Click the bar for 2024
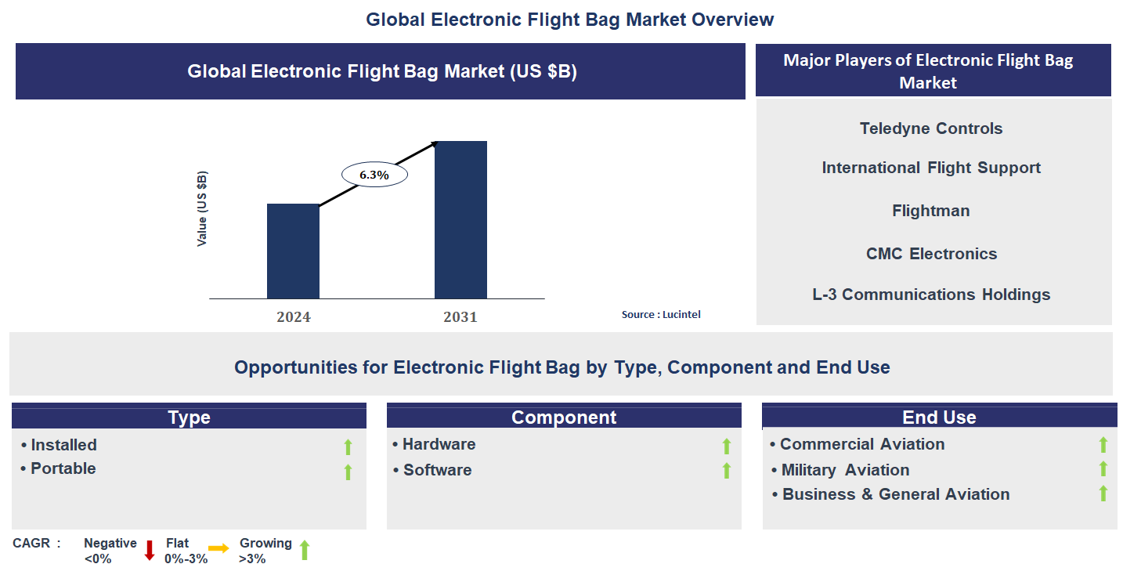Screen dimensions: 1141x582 pos(293,251)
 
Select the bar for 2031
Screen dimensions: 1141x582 pos(460,219)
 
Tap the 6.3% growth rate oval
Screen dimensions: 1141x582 pos(374,175)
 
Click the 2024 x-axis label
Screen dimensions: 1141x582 pos(294,317)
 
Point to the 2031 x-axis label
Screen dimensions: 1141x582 pos(460,317)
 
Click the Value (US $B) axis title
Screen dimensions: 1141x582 pos(202,208)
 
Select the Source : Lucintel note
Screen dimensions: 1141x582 pos(661,314)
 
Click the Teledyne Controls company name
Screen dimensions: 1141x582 pos(931,128)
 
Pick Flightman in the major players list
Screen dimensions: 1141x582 pos(930,211)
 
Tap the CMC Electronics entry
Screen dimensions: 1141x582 pos(931,253)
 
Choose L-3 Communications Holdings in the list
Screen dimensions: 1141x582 pos(931,295)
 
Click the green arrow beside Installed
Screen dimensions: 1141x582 pos(348,447)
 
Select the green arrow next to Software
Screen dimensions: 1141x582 pos(727,471)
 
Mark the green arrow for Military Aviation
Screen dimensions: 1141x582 pos(1103,469)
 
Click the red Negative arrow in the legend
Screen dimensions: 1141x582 pos(150,551)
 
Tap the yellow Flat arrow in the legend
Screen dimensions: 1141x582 pos(218,548)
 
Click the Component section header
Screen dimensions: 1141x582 pos(564,417)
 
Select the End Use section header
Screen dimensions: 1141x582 pos(939,417)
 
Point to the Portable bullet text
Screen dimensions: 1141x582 pos(63,468)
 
